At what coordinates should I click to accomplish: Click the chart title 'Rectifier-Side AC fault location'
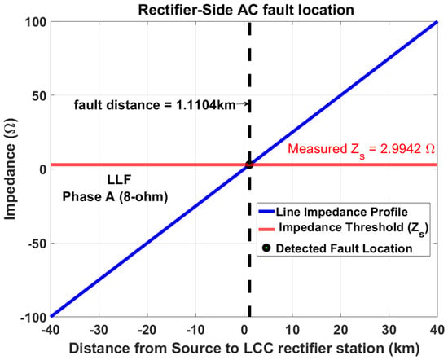point(246,10)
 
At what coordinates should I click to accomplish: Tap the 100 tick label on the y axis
point(36,22)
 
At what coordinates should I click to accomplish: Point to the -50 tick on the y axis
point(37,244)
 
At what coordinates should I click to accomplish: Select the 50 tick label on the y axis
point(39,96)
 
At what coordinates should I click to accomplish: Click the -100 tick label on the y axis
point(33,318)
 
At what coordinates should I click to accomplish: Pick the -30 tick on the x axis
point(99,331)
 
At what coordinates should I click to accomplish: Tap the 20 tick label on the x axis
point(340,331)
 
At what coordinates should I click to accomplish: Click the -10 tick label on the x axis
point(195,331)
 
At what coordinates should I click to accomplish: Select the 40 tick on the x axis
point(437,331)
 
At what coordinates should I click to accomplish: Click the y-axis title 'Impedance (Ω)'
point(11,169)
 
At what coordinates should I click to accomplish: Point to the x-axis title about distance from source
point(244,349)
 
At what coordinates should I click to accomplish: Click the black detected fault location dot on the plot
point(249,165)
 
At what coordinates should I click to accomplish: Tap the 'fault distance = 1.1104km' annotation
point(155,105)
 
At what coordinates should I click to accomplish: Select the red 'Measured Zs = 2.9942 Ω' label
point(361,149)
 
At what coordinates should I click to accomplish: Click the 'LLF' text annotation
point(119,180)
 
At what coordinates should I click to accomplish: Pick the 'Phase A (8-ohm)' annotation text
point(115,197)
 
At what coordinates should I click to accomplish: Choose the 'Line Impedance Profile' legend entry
point(333,212)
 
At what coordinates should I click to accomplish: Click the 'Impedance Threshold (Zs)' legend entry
point(344,229)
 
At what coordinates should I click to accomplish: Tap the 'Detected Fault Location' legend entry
point(337,248)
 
